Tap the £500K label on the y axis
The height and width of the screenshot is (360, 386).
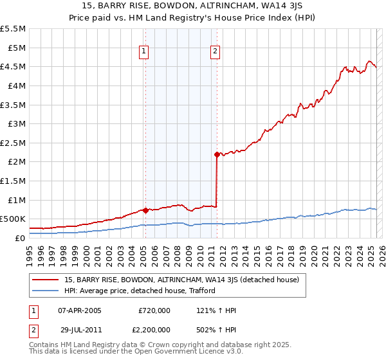[x=13, y=219]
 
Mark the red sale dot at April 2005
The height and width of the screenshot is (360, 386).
[x=145, y=210]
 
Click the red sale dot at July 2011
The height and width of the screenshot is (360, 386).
[x=217, y=154]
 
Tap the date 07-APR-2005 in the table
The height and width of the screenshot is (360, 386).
[x=80, y=310]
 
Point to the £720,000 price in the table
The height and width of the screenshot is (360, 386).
[x=154, y=310]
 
